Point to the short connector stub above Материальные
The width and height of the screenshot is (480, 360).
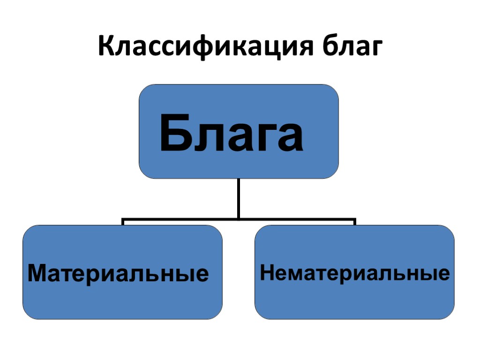(x=123, y=221)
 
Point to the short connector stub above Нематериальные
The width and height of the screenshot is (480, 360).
(x=355, y=221)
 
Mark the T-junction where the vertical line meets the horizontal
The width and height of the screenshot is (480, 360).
(x=239, y=218)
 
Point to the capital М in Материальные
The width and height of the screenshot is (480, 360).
(x=37, y=273)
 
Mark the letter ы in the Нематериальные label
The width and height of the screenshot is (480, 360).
(x=427, y=274)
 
